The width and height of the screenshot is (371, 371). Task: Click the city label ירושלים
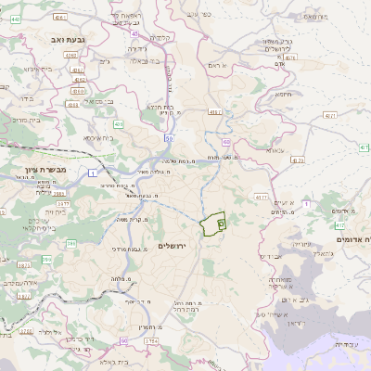(x=173, y=246)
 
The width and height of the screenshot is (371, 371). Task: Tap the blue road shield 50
(x=169, y=138)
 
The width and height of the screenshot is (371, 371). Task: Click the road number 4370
(x=298, y=160)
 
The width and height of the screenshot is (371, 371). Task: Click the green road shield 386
(x=45, y=245)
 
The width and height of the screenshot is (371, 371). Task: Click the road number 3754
(x=151, y=341)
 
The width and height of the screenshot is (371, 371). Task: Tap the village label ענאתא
(x=274, y=149)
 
